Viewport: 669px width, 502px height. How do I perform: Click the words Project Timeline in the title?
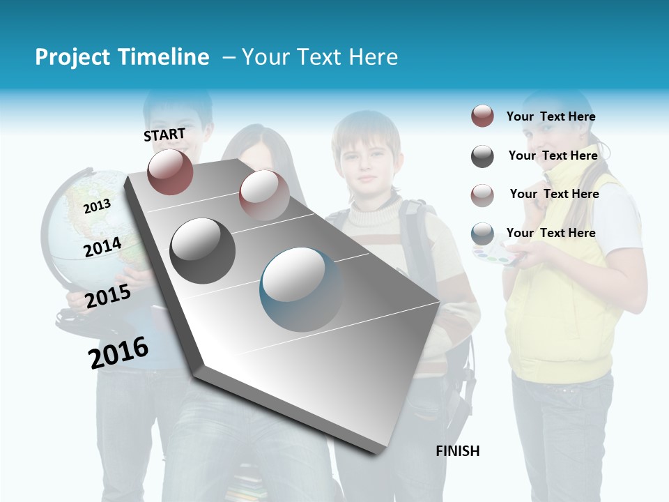click(x=122, y=57)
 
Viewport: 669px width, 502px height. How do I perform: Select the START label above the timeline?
click(x=164, y=135)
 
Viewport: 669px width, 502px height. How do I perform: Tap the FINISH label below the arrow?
click(x=458, y=451)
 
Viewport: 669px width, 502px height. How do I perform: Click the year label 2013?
click(x=97, y=206)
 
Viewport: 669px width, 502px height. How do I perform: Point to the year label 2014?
click(x=102, y=247)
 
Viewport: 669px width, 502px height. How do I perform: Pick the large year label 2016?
click(x=118, y=352)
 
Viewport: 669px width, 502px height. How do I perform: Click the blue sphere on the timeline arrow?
click(x=301, y=289)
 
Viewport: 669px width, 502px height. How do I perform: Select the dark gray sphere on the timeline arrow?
click(x=202, y=250)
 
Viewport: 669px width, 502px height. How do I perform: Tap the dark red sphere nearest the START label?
click(x=170, y=172)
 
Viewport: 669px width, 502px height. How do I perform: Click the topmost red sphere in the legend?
click(x=482, y=116)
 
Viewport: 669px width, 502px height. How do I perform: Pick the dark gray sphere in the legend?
click(x=482, y=156)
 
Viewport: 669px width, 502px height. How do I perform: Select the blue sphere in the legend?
click(x=482, y=234)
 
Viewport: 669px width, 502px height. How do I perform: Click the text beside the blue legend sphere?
click(x=551, y=233)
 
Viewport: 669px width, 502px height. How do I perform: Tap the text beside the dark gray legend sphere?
click(x=553, y=155)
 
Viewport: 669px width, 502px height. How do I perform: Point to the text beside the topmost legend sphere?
click(x=551, y=116)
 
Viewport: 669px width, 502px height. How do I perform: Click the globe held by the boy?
click(x=77, y=223)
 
